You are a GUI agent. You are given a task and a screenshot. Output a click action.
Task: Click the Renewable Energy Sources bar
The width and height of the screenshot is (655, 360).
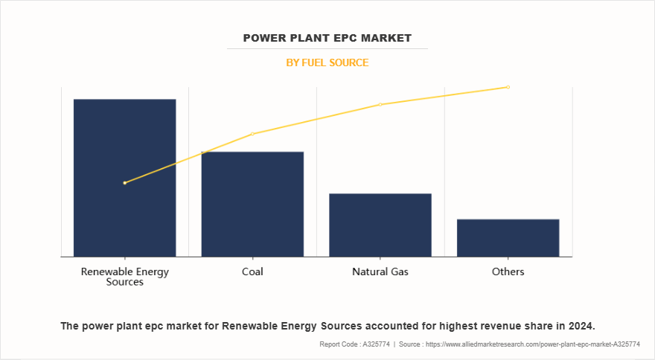tap(124, 178)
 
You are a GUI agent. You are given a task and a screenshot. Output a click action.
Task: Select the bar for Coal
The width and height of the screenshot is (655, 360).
tap(252, 204)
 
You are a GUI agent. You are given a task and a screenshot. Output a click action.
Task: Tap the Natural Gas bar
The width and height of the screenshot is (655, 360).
tap(380, 225)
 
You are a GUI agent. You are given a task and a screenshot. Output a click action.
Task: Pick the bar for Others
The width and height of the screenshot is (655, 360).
tap(508, 237)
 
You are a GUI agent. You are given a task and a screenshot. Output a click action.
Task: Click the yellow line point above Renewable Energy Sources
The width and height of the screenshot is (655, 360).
tap(124, 182)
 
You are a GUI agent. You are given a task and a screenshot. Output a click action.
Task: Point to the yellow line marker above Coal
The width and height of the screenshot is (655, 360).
tap(252, 134)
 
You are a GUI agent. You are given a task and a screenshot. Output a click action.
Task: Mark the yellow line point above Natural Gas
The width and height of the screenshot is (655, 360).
tap(380, 104)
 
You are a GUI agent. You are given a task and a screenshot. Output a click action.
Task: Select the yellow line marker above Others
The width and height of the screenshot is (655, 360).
tap(508, 87)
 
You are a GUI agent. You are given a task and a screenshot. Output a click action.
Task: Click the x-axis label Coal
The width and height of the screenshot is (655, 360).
tap(252, 271)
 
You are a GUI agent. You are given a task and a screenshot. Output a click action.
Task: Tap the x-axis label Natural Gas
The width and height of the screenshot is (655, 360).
tap(380, 271)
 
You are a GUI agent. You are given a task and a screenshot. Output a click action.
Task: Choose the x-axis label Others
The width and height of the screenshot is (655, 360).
tap(508, 271)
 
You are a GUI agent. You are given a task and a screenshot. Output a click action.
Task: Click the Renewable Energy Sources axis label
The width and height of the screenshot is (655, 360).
tap(124, 277)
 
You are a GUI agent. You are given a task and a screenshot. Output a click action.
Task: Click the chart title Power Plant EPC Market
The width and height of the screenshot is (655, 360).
tap(327, 37)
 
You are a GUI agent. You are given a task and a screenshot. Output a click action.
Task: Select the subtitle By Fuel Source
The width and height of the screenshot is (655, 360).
tap(327, 62)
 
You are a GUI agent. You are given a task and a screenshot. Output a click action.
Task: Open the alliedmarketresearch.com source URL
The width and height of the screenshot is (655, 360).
tap(531, 344)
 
